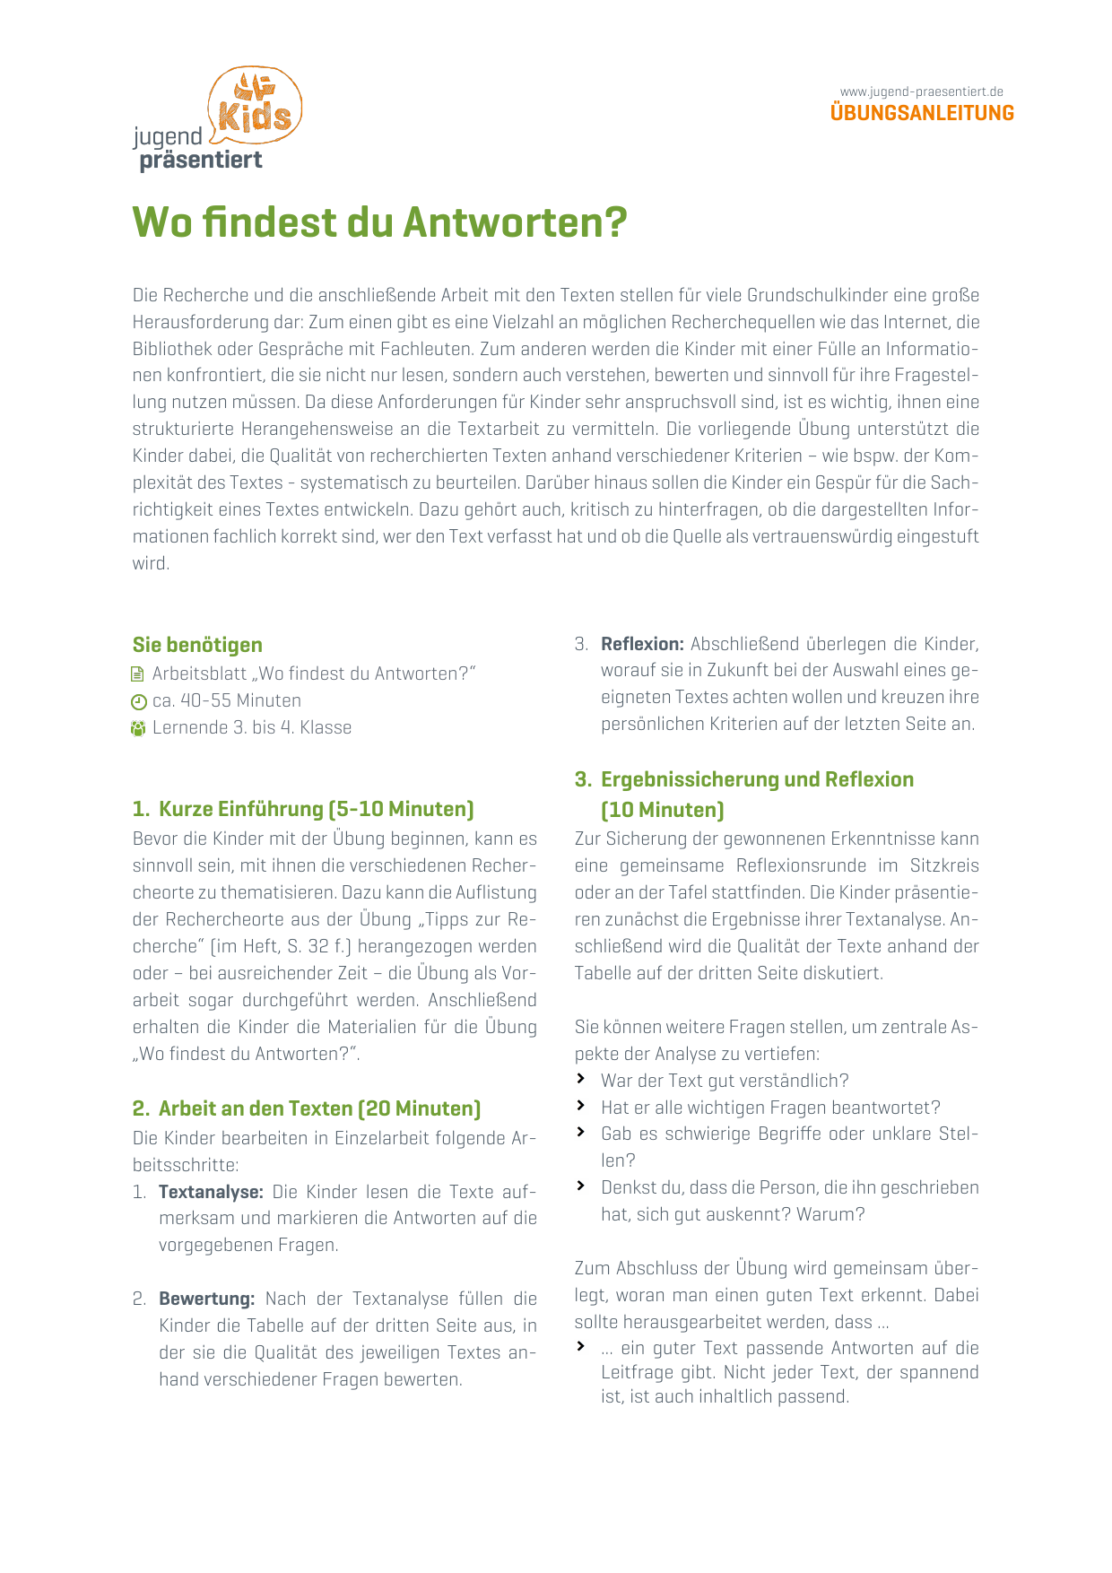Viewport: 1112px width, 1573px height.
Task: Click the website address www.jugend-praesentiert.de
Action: coord(921,91)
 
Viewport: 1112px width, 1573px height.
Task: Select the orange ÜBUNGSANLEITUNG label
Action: coord(922,113)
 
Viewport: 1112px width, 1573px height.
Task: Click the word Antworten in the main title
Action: coord(515,222)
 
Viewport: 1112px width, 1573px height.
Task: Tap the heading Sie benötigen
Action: coord(197,645)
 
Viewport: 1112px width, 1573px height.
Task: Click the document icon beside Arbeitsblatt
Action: coord(138,674)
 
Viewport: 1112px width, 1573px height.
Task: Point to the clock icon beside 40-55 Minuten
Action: coord(138,701)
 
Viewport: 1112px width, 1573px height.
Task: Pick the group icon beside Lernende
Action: coord(138,728)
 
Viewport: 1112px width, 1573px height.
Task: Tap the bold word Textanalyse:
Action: coord(211,1192)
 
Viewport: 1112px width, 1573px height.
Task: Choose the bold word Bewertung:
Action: coord(207,1299)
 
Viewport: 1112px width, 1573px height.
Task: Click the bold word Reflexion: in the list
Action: coord(642,644)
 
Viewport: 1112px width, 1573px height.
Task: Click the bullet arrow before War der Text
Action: coord(581,1079)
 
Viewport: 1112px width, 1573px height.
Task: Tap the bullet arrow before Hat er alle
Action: coord(581,1106)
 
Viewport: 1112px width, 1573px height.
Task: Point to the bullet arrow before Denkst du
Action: coord(581,1186)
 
